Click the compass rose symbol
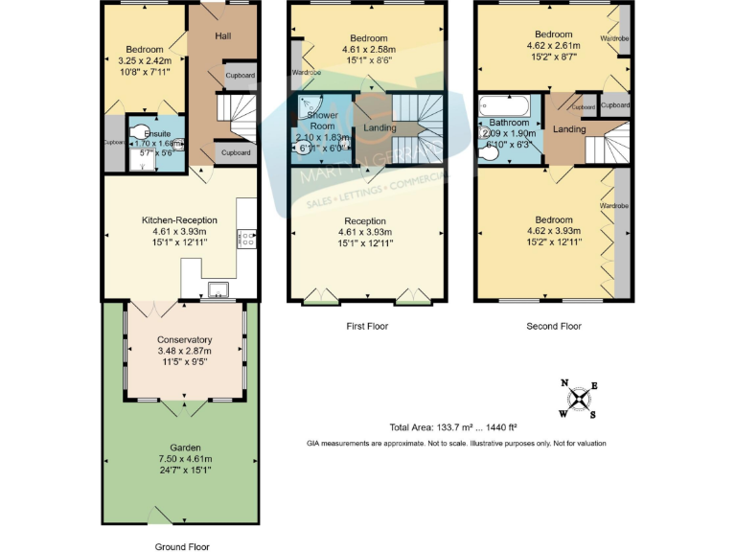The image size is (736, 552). [580, 399]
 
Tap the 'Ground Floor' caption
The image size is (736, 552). [182, 546]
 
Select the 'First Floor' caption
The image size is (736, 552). [367, 327]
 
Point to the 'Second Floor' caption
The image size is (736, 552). [554, 327]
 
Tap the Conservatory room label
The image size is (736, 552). [184, 339]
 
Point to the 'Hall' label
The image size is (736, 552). [223, 36]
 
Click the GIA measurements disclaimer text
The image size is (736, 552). [456, 444]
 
